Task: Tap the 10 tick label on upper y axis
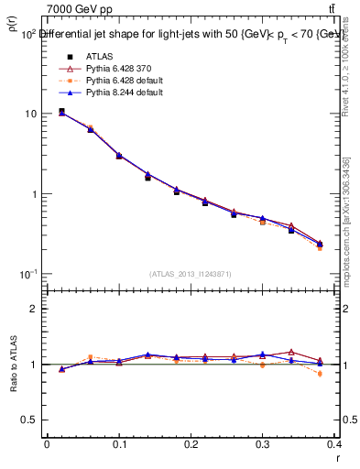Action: point(30,114)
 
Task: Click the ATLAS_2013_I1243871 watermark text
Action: point(191,274)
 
